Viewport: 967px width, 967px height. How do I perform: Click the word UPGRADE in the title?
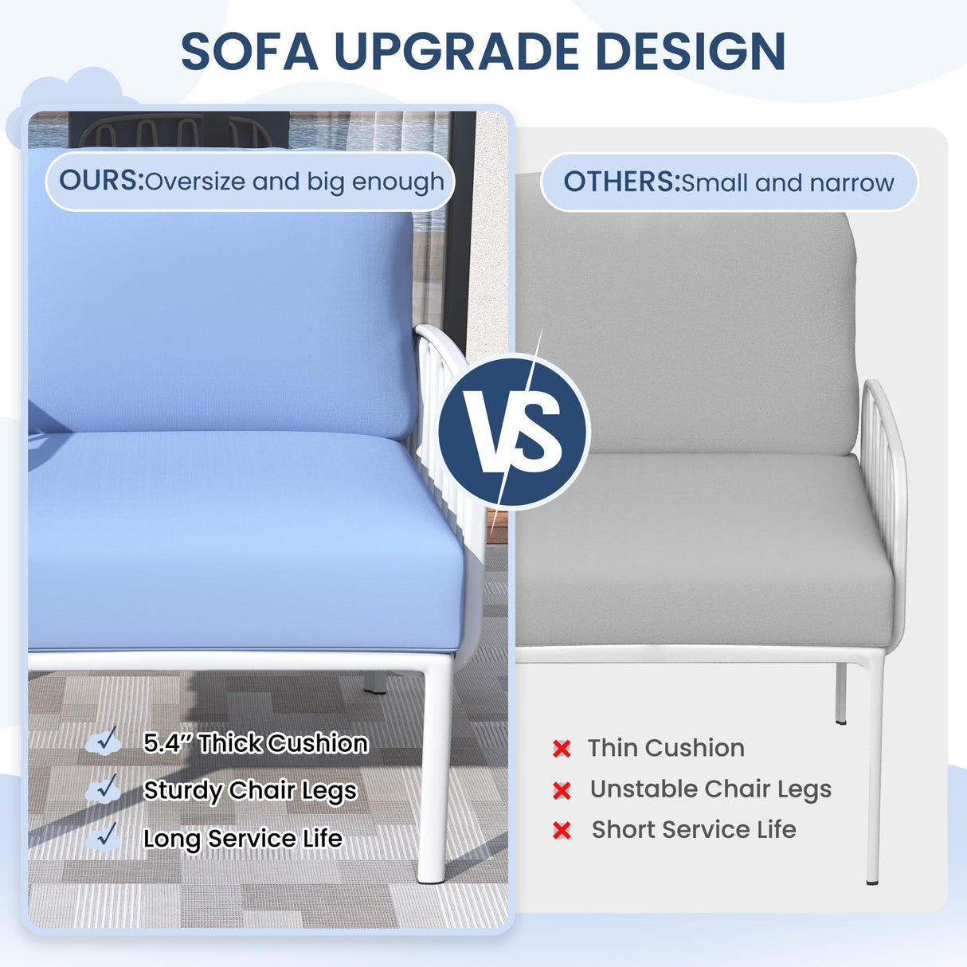tap(457, 52)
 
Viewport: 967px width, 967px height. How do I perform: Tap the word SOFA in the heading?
tap(249, 52)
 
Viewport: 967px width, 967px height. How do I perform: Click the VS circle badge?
tap(514, 431)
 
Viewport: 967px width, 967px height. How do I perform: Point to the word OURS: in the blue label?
tap(101, 181)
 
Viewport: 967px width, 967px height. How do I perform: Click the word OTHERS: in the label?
tap(621, 182)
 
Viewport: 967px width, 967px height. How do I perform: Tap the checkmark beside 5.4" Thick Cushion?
tap(104, 742)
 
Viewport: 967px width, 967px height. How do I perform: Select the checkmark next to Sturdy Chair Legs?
tap(104, 789)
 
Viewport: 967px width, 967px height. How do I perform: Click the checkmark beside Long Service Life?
tap(104, 836)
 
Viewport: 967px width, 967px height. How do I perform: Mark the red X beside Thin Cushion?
tap(562, 748)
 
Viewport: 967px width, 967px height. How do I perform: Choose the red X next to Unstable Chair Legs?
tap(562, 790)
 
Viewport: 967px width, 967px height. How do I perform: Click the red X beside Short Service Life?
tap(562, 831)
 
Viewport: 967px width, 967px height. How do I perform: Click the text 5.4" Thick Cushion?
tap(256, 743)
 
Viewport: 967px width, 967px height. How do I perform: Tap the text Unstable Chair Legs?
tap(711, 789)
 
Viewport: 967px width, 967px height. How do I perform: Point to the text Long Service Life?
tap(243, 838)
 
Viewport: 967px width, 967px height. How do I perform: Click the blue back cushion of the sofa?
tap(223, 319)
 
